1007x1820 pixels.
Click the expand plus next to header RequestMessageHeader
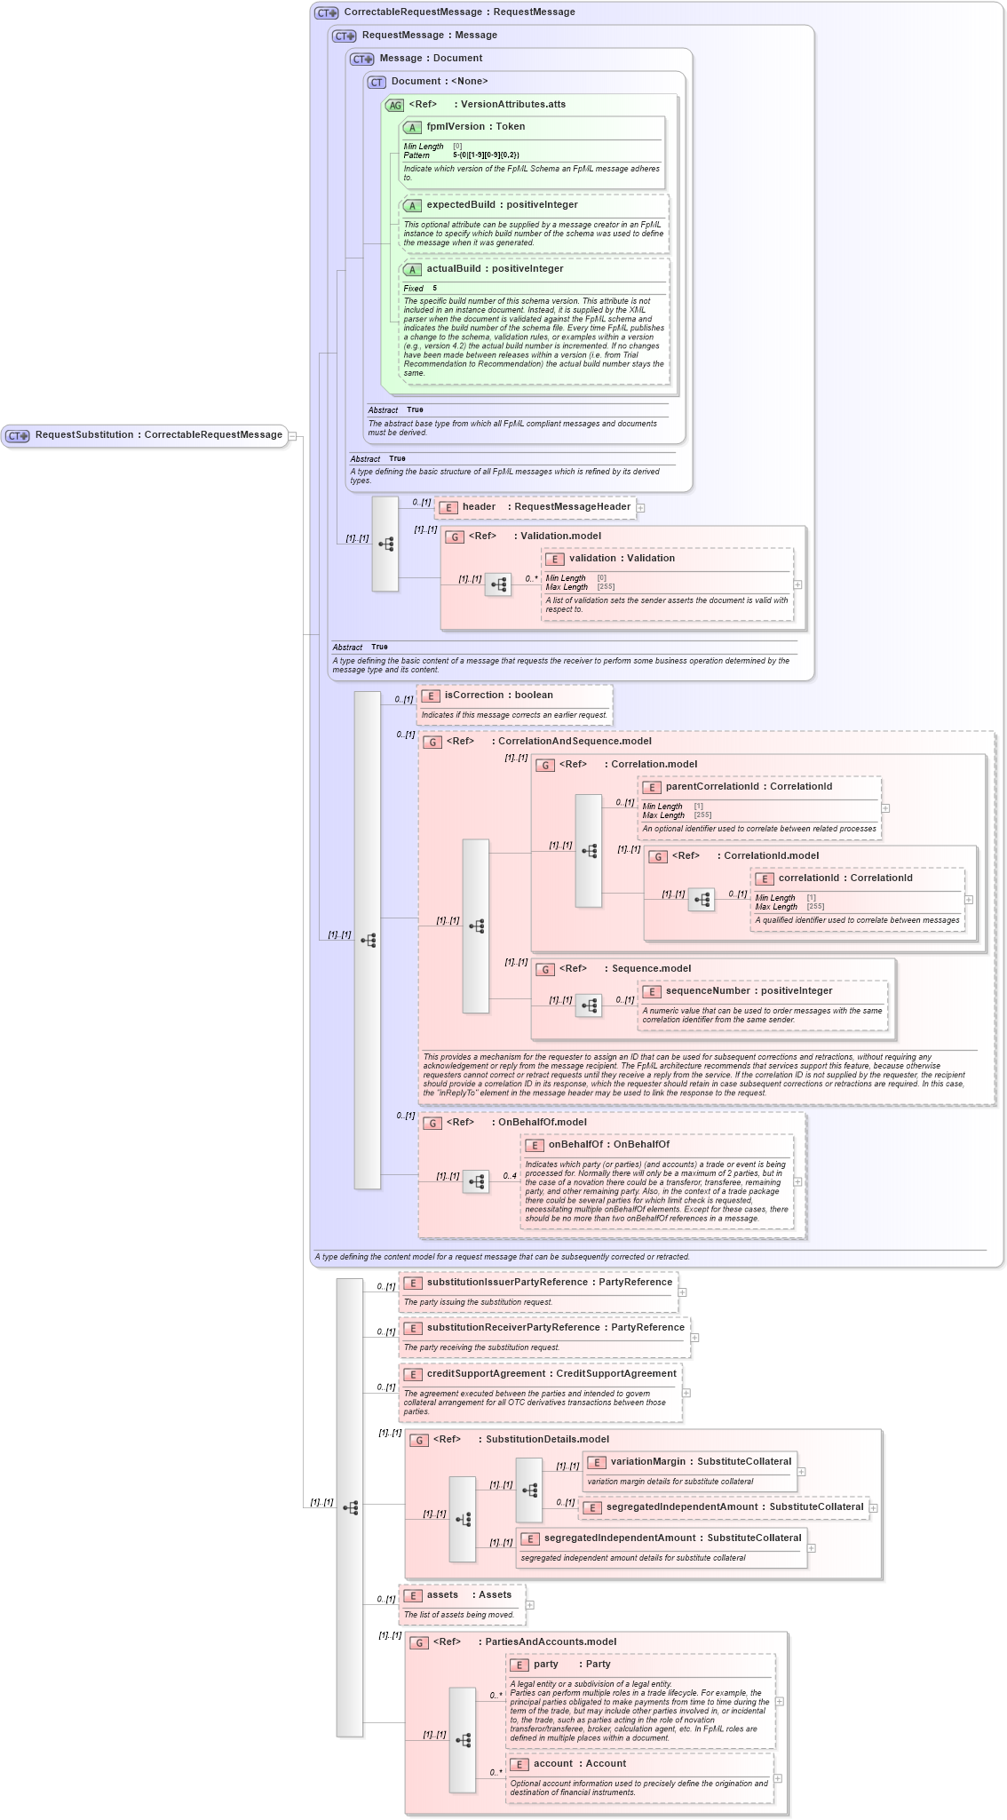pyautogui.click(x=640, y=508)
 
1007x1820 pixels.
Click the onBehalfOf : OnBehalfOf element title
pyautogui.click(x=608, y=1145)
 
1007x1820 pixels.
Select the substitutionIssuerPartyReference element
pyautogui.click(x=549, y=1283)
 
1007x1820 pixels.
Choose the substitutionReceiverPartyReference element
pyautogui.click(x=555, y=1328)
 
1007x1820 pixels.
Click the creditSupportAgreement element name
pyautogui.click(x=551, y=1374)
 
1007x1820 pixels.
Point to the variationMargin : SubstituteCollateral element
pyautogui.click(x=700, y=1462)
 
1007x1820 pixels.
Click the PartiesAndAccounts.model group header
pyautogui.click(x=550, y=1642)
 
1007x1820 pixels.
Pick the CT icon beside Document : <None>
pyautogui.click(x=377, y=83)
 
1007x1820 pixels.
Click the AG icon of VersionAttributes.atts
pyautogui.click(x=394, y=106)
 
